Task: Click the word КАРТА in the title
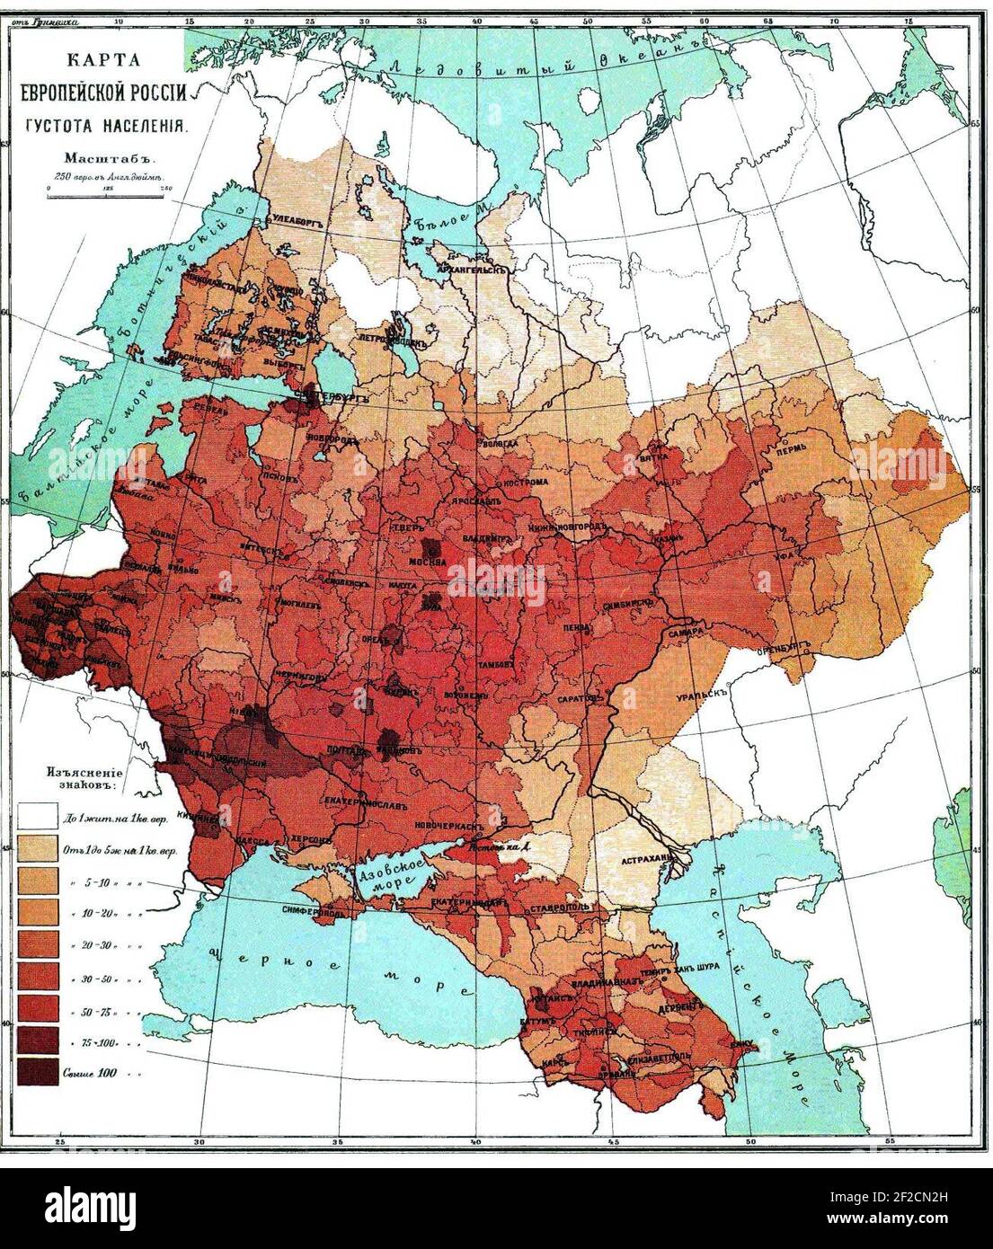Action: coord(110,63)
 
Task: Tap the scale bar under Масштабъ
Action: coord(108,190)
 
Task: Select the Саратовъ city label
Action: coord(577,698)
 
